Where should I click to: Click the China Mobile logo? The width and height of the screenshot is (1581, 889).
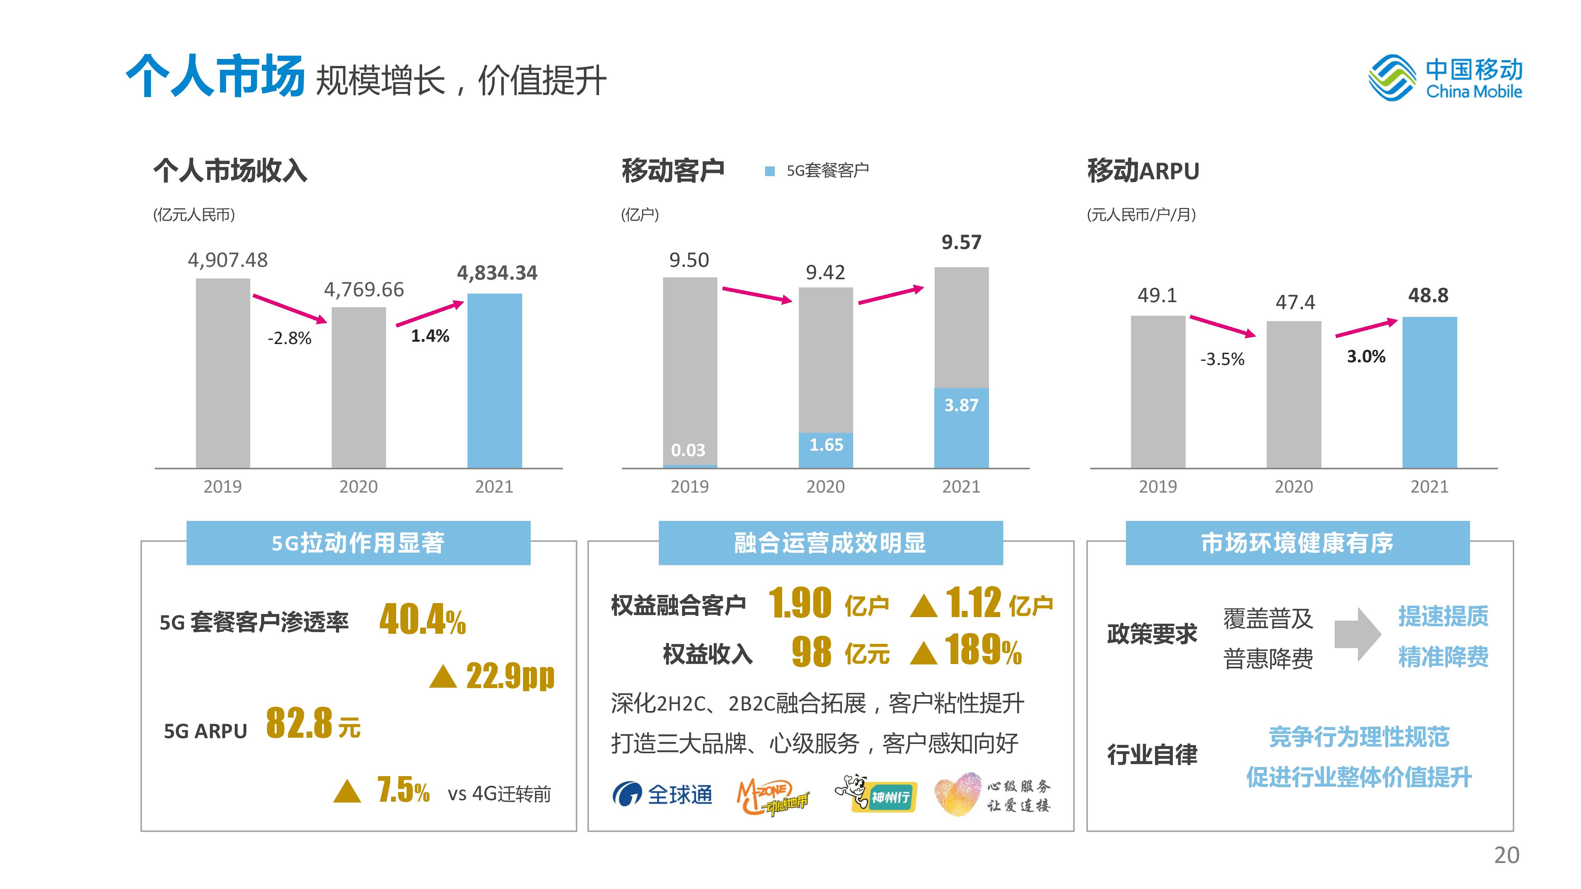1445,78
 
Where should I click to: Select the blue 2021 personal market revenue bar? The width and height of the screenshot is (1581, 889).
495,381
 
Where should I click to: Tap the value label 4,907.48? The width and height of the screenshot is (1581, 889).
228,260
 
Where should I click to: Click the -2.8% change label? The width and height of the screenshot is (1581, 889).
289,338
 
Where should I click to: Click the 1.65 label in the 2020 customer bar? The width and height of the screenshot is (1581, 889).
826,445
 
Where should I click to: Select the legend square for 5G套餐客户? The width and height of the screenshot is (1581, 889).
770,171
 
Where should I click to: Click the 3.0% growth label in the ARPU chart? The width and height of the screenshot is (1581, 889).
1366,356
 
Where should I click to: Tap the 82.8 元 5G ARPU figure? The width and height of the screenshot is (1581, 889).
313,724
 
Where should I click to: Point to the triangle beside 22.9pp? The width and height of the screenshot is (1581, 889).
443,677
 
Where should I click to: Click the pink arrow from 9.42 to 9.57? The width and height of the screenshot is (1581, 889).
890,295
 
